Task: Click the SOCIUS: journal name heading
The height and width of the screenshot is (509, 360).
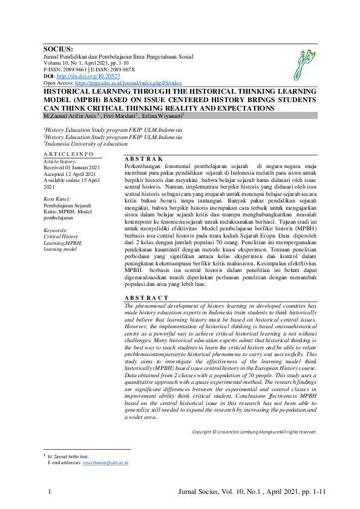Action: tap(58, 48)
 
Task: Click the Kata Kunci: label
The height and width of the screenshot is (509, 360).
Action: tap(57, 199)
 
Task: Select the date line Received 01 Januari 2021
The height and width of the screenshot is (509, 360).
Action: tap(72, 167)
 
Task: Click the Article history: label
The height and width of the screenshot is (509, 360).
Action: tap(59, 161)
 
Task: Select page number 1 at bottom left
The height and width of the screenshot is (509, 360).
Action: tap(48, 493)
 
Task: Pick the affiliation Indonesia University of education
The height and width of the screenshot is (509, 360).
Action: tap(85, 144)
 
